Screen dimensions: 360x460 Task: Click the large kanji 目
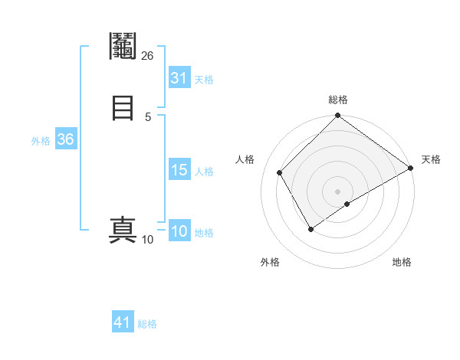pyautogui.click(x=122, y=107)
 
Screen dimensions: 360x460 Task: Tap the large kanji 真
pyautogui.click(x=123, y=231)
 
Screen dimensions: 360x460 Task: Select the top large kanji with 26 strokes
pyautogui.click(x=123, y=45)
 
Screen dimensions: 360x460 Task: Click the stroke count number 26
pyautogui.click(x=148, y=55)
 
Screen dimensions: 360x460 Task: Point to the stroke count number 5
pyautogui.click(x=148, y=116)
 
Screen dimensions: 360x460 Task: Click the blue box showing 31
pyautogui.click(x=179, y=78)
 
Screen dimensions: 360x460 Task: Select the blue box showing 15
pyautogui.click(x=179, y=170)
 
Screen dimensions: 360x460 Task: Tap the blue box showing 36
pyautogui.click(x=65, y=139)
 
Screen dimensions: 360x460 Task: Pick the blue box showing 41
pyautogui.click(x=123, y=322)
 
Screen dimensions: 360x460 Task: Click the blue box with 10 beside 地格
pyautogui.click(x=179, y=231)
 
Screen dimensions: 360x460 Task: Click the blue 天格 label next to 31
pyautogui.click(x=204, y=80)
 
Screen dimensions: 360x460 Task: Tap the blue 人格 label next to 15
pyautogui.click(x=204, y=172)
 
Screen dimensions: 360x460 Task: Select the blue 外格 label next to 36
pyautogui.click(x=41, y=141)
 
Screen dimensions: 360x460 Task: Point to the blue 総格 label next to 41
pyautogui.click(x=147, y=324)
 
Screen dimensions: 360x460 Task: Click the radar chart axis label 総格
pyautogui.click(x=337, y=100)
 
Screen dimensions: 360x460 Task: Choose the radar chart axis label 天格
pyautogui.click(x=430, y=159)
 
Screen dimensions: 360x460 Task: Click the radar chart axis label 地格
pyautogui.click(x=402, y=262)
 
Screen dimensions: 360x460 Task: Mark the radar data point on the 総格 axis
pyautogui.click(x=337, y=116)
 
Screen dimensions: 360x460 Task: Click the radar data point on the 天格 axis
pyautogui.click(x=410, y=168)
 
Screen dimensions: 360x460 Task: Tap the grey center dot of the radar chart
pyautogui.click(x=337, y=191)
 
